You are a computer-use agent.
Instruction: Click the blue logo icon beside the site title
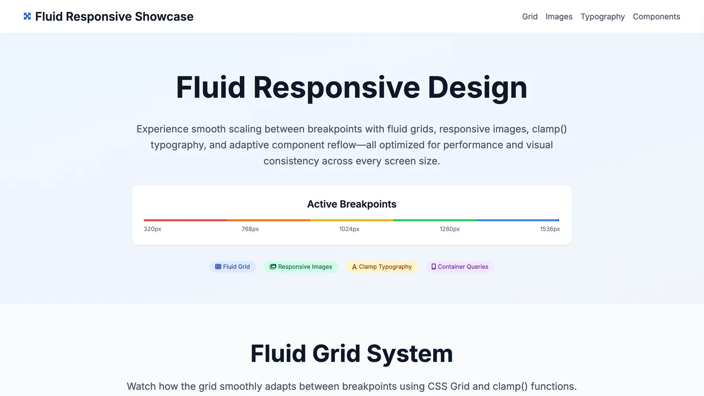[x=27, y=16]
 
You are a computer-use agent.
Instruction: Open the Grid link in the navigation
[x=530, y=17]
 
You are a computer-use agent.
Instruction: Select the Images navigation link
[x=559, y=17]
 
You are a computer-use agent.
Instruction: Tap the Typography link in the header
[x=603, y=17]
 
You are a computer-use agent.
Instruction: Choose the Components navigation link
[x=657, y=17]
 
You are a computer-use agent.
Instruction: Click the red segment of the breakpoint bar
[x=185, y=220]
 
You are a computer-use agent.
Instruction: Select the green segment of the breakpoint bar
[x=435, y=220]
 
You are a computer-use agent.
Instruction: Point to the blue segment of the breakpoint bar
[x=518, y=220]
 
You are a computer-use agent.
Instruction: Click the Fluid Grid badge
[x=233, y=267]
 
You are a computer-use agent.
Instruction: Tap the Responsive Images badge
[x=301, y=267]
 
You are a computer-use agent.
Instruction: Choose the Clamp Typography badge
[x=382, y=267]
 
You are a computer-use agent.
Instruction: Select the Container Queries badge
[x=460, y=267]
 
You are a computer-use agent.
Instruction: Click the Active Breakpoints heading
[x=352, y=204]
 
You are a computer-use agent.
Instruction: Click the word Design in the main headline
[x=477, y=88]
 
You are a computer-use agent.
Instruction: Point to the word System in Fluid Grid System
[x=410, y=354]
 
